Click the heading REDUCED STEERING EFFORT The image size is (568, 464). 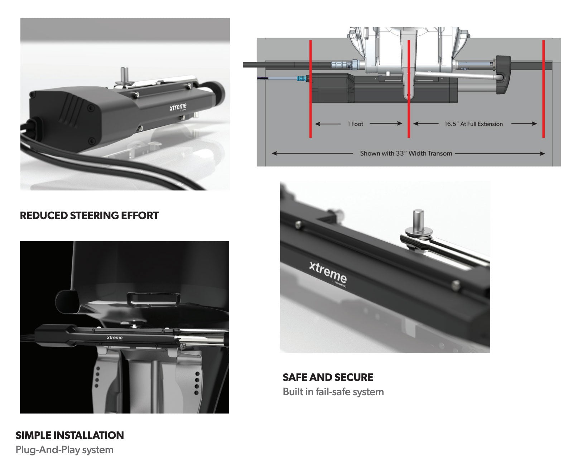point(89,216)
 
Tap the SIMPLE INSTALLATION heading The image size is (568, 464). point(70,435)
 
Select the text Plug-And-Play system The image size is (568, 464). point(64,450)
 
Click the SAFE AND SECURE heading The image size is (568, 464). point(328,377)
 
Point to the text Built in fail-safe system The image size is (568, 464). point(333,392)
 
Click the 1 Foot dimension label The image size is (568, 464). point(355,124)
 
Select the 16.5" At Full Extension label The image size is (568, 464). point(473,124)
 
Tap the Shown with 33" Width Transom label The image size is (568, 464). point(406,154)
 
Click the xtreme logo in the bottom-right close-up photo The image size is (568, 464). point(328,271)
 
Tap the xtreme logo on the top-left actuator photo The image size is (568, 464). point(178,107)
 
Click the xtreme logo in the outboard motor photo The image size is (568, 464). point(115,338)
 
